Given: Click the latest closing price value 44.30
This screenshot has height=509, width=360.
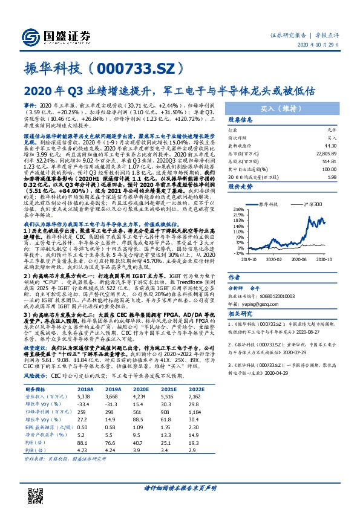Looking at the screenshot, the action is click(x=330, y=144).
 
